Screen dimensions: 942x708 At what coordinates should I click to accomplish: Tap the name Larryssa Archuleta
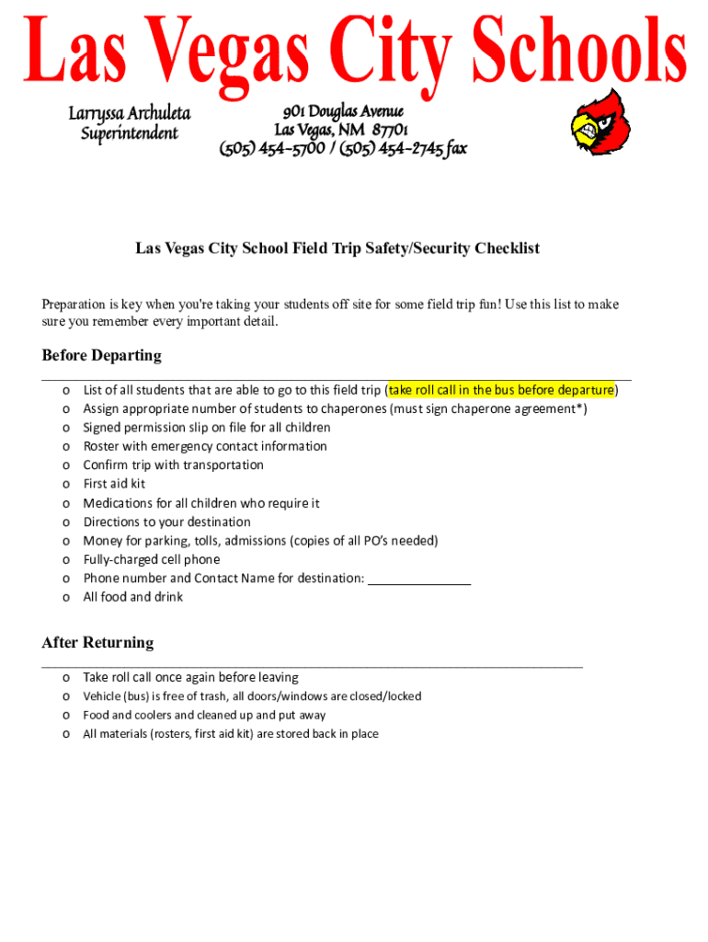130,113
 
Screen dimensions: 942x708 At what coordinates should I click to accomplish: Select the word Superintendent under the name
130,133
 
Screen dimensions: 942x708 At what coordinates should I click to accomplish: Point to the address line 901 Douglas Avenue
343,110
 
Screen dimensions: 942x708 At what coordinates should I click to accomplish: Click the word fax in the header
453,148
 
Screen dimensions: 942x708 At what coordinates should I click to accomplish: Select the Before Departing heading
101,355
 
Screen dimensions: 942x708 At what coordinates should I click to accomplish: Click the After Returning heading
97,642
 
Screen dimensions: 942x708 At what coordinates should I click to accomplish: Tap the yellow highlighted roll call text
501,390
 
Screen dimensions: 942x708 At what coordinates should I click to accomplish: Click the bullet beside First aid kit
66,484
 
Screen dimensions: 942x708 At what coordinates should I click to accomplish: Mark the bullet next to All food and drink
66,597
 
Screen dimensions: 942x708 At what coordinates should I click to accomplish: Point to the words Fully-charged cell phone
152,559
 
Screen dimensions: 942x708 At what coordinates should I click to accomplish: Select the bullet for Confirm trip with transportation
66,465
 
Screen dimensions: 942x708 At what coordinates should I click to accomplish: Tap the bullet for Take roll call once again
66,678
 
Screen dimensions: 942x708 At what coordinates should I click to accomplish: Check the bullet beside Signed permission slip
66,428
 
